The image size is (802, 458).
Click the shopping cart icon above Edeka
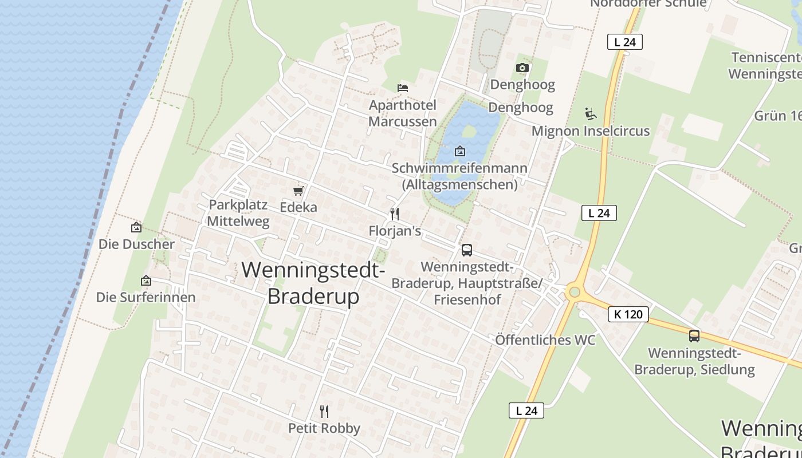click(x=298, y=191)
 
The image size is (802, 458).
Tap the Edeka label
click(x=298, y=207)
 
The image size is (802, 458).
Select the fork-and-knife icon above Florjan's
click(x=394, y=214)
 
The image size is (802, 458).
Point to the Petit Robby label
click(x=324, y=428)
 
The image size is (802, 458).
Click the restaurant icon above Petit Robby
click(x=324, y=411)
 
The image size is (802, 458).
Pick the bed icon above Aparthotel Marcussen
click(x=403, y=88)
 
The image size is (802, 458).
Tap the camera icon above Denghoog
click(x=522, y=68)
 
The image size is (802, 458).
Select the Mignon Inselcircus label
click(x=591, y=131)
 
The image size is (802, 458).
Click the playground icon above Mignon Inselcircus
click(x=591, y=113)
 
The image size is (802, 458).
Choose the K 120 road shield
click(x=628, y=314)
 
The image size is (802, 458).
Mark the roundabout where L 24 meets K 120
click(x=574, y=293)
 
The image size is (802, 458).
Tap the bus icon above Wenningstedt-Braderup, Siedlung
click(x=694, y=336)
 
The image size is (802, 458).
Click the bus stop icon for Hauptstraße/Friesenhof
click(x=467, y=250)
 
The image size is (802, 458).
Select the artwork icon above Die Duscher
click(x=136, y=227)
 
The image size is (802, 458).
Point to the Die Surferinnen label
click(x=146, y=297)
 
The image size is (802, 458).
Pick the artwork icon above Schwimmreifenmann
click(x=459, y=151)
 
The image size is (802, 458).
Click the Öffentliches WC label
click(x=545, y=340)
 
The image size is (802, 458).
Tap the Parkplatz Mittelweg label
click(x=238, y=213)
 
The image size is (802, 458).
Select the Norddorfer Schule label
click(x=648, y=3)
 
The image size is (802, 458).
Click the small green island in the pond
click(x=469, y=131)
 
